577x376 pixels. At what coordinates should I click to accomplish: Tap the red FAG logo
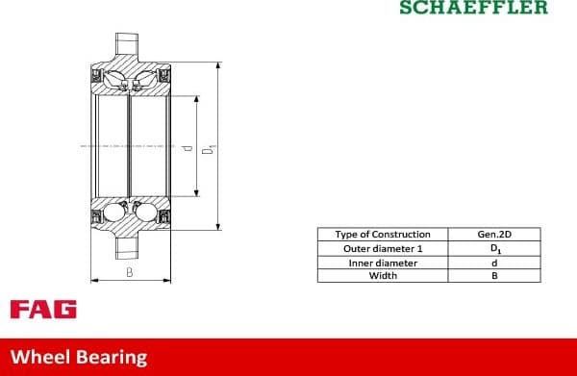pos(43,310)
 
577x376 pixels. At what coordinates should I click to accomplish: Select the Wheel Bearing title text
pos(79,357)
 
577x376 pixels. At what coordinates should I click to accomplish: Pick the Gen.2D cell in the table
pos(494,235)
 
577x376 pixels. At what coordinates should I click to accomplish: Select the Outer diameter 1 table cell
pos(383,248)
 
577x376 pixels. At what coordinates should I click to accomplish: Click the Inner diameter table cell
pos(383,263)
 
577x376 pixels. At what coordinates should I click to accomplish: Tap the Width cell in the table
pos(383,276)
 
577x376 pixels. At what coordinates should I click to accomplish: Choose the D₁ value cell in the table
pos(494,248)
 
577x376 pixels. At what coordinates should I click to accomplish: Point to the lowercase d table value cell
pos(494,263)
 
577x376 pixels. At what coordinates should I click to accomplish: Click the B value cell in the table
pos(494,276)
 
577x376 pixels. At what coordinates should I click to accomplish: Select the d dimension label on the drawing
pos(187,148)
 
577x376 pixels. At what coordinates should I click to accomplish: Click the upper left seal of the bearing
pos(96,75)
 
